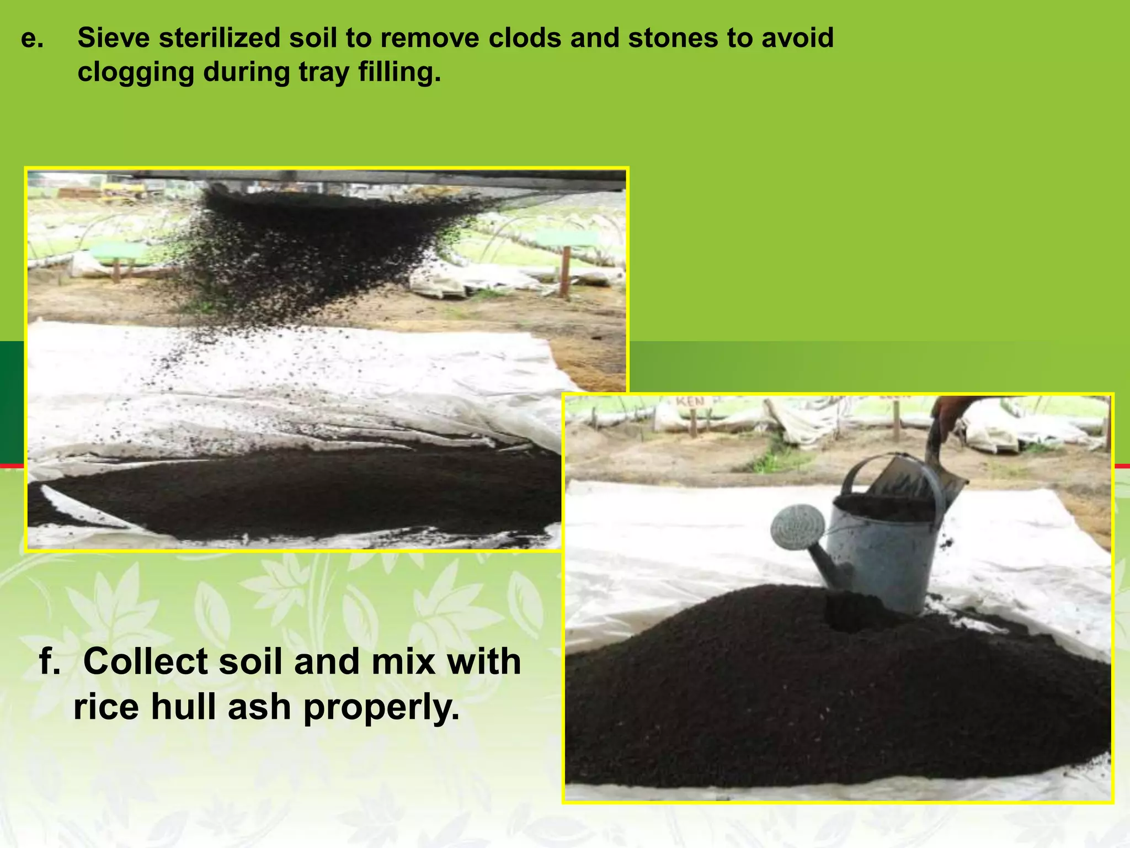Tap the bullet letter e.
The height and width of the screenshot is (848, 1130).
pyautogui.click(x=31, y=39)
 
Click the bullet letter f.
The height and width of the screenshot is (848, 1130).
pyautogui.click(x=49, y=661)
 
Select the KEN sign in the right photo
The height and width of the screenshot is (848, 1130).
pyautogui.click(x=692, y=402)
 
